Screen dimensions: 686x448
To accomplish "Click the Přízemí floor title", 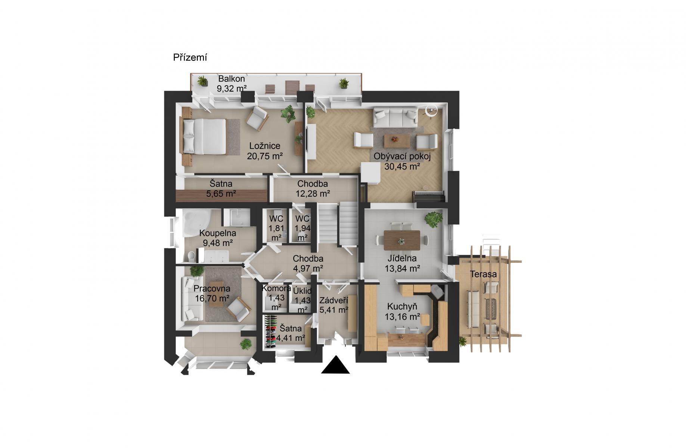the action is point(190,58).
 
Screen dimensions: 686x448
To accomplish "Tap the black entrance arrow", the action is point(335,364).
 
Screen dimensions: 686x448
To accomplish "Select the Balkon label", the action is point(232,79).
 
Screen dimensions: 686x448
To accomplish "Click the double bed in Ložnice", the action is point(205,136).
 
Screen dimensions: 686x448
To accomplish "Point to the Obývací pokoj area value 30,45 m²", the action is point(402,167).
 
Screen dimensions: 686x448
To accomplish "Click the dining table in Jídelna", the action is point(402,240).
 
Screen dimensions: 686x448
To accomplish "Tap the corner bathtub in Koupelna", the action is point(196,223).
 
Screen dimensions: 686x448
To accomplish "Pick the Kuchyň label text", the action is point(402,307).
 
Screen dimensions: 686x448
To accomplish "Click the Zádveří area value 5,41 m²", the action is point(334,309).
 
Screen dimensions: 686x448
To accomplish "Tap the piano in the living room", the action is point(429,196).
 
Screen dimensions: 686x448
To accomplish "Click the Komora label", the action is point(276,288).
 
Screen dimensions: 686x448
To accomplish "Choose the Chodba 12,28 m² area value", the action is point(313,194).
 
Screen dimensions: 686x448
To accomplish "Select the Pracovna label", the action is point(212,289).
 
